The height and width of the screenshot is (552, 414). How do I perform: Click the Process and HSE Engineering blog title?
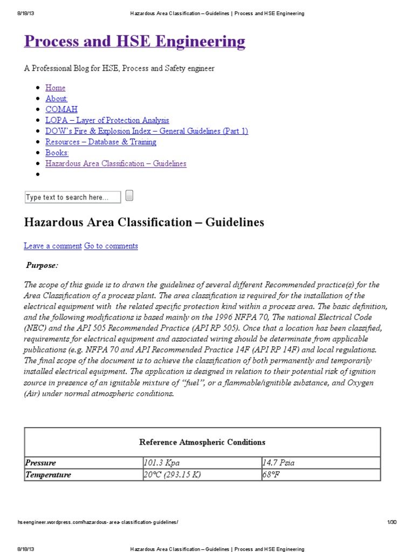134,42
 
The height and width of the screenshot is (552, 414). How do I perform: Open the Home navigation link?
56,88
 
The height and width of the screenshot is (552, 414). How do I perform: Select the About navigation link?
57,99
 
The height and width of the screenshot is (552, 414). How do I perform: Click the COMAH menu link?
61,109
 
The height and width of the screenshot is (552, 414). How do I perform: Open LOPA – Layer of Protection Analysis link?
107,120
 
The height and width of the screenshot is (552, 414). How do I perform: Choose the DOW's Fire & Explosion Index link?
147,131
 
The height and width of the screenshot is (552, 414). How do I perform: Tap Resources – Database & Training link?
101,142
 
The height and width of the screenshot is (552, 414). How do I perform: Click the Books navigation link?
57,153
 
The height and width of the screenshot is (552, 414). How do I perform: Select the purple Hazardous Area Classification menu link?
116,163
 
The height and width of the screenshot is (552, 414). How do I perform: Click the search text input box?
73,197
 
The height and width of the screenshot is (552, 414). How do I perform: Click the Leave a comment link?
53,246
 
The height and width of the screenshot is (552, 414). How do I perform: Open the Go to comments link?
111,246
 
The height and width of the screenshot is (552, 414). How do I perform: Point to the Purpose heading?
42,265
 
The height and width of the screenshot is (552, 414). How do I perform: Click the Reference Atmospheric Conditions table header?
202,442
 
